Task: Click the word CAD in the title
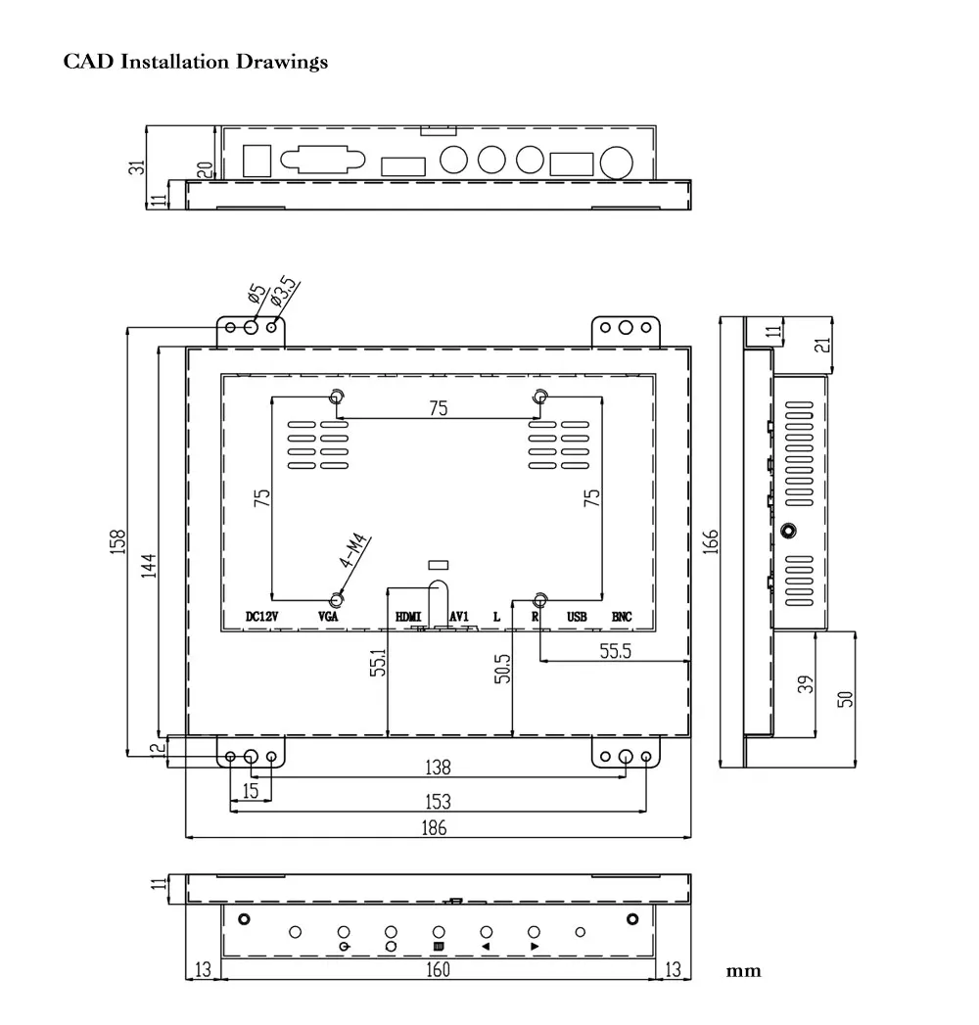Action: (88, 62)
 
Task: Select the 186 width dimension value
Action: (434, 828)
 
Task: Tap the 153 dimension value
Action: (438, 802)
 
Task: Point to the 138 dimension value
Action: (438, 767)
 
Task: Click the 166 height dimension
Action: (711, 541)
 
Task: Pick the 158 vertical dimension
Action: (117, 542)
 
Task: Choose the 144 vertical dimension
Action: (149, 566)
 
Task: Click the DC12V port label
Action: (262, 617)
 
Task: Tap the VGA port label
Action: (328, 617)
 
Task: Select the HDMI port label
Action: (408, 617)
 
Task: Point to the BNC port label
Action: (622, 617)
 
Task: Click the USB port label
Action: (577, 617)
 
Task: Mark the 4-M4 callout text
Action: (353, 551)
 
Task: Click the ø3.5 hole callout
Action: (284, 292)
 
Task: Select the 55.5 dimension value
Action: (616, 651)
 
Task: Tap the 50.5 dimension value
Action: (502, 669)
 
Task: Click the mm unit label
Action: (744, 971)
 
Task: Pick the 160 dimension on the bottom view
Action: (438, 969)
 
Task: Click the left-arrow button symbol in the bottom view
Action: (486, 947)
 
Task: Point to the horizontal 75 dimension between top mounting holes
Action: (439, 408)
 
